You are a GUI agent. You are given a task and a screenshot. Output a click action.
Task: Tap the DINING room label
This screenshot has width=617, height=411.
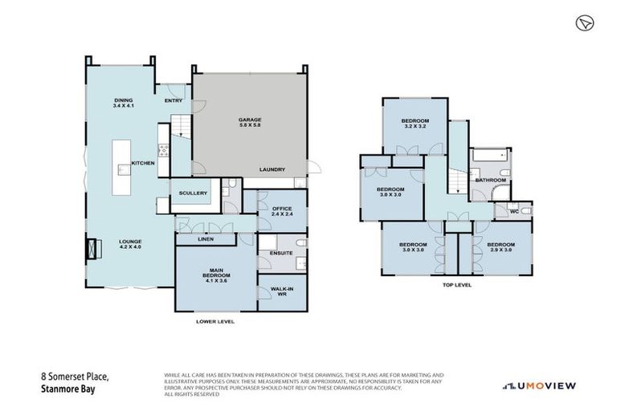pyautogui.click(x=123, y=102)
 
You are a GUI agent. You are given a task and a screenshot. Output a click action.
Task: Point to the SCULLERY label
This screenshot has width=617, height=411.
pyautogui.click(x=194, y=193)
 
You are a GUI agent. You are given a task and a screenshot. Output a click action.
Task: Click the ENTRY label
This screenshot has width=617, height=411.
pyautogui.click(x=174, y=100)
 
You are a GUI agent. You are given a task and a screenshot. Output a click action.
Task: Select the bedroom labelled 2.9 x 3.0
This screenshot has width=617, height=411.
pyautogui.click(x=499, y=247)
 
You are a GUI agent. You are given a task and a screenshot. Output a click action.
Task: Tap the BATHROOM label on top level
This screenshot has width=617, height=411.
pyautogui.click(x=490, y=180)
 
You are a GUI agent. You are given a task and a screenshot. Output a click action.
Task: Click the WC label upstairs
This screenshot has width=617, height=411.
pyautogui.click(x=513, y=211)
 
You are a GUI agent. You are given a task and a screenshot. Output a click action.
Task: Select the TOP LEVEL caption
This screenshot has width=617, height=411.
pyautogui.click(x=456, y=285)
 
